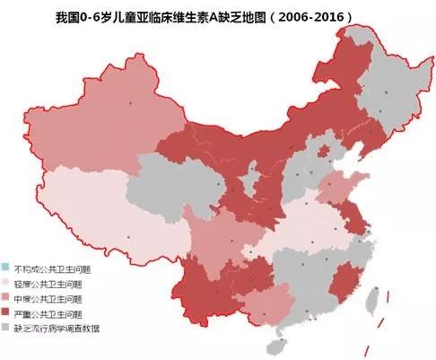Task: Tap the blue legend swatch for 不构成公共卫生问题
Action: click(x=7, y=268)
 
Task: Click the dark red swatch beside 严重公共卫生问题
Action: click(x=7, y=312)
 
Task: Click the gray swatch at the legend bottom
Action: click(x=7, y=328)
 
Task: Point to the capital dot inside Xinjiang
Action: click(x=131, y=104)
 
